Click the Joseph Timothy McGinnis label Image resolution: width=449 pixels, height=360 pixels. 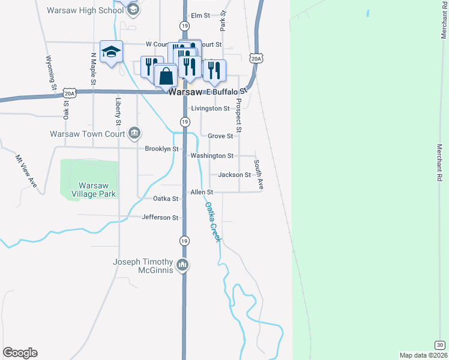click(143, 266)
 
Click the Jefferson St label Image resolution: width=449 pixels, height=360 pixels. click(160, 217)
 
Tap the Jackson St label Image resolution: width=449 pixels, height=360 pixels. click(234, 175)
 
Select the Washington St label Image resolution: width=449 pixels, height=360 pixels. click(212, 156)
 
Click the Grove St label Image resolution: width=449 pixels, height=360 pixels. click(220, 136)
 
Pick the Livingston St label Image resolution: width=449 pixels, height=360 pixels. click(210, 109)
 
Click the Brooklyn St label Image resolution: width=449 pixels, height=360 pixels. click(162, 149)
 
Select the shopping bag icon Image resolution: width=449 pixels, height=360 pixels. click(166, 76)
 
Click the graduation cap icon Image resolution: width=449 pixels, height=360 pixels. click(111, 52)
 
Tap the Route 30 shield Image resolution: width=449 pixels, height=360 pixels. click(440, 344)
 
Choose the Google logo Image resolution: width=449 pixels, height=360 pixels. click(20, 353)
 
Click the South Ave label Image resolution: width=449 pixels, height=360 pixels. click(259, 175)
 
